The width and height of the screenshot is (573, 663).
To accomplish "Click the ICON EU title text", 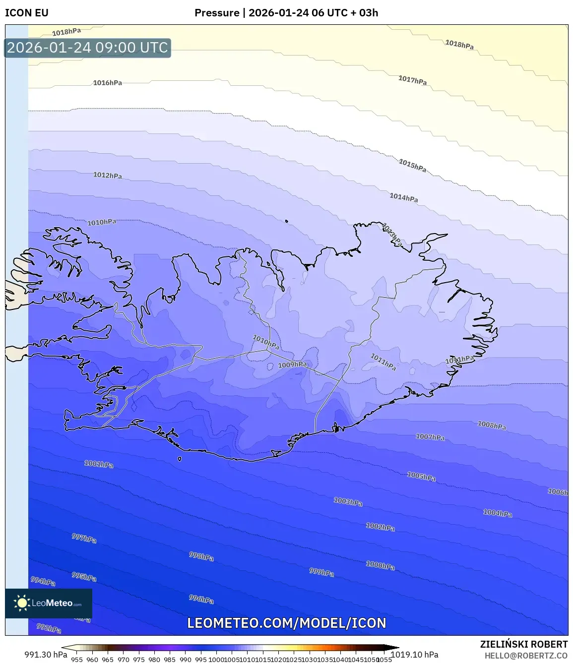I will [27, 13].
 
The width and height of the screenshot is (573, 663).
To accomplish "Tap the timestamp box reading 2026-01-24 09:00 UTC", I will [88, 48].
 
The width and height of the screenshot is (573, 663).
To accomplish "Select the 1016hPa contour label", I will [108, 83].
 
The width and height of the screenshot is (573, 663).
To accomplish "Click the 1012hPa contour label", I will [108, 175].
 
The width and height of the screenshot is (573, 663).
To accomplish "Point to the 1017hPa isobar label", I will [412, 80].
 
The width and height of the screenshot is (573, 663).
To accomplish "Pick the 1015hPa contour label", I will [412, 165].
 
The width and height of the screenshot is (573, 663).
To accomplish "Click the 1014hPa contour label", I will [403, 197].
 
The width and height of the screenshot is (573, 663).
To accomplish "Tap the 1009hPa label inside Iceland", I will [292, 364].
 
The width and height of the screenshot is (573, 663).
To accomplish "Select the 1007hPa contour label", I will [430, 437].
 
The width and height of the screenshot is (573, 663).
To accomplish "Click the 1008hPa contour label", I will [492, 425].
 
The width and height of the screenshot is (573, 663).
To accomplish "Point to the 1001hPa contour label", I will [99, 464].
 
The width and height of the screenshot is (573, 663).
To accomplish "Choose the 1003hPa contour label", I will [348, 502].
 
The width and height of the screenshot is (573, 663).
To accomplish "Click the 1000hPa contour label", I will [381, 565].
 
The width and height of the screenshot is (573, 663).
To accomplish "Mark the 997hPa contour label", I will [84, 538].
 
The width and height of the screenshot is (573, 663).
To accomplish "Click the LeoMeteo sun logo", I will [22, 603].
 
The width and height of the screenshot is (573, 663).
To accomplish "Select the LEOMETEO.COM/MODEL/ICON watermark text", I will [286, 623].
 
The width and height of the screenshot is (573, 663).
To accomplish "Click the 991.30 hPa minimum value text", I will [46, 655].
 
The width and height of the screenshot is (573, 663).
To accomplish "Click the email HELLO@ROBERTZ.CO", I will [525, 656].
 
